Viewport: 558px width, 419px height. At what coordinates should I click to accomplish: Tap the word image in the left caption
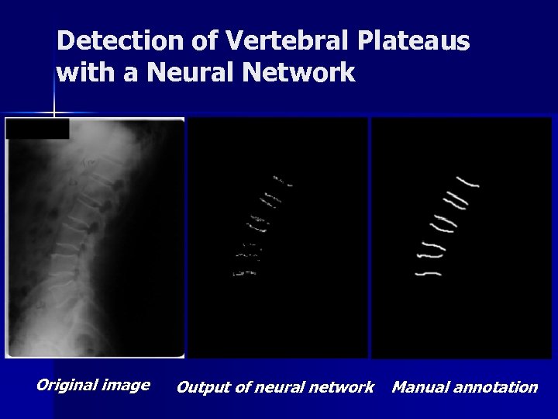tap(126, 386)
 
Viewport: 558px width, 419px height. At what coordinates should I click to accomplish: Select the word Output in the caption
tap(202, 386)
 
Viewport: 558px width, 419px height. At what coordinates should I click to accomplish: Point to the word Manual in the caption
tap(418, 386)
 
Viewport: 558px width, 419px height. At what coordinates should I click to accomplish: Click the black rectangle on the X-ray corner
tap(37, 128)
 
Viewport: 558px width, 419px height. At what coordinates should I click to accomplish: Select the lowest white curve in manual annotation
tap(429, 273)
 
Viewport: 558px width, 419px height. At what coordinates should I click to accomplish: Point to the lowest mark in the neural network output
tap(238, 272)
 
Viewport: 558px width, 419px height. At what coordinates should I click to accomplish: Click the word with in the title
tap(79, 74)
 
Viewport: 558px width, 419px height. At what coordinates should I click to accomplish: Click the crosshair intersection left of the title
tap(53, 114)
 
